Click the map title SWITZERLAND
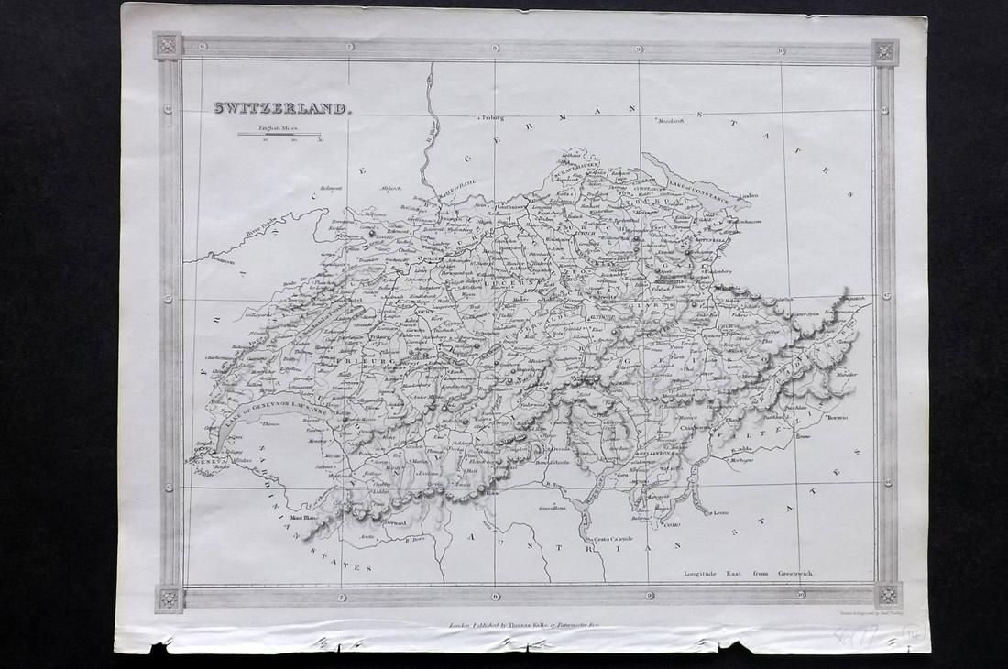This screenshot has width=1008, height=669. click(280, 108)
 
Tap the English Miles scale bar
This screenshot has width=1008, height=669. click(279, 135)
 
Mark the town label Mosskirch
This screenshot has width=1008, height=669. click(670, 121)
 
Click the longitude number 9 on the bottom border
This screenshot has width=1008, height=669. click(649, 597)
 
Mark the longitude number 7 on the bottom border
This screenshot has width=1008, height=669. click(343, 597)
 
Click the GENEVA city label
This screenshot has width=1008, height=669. click(206, 463)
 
